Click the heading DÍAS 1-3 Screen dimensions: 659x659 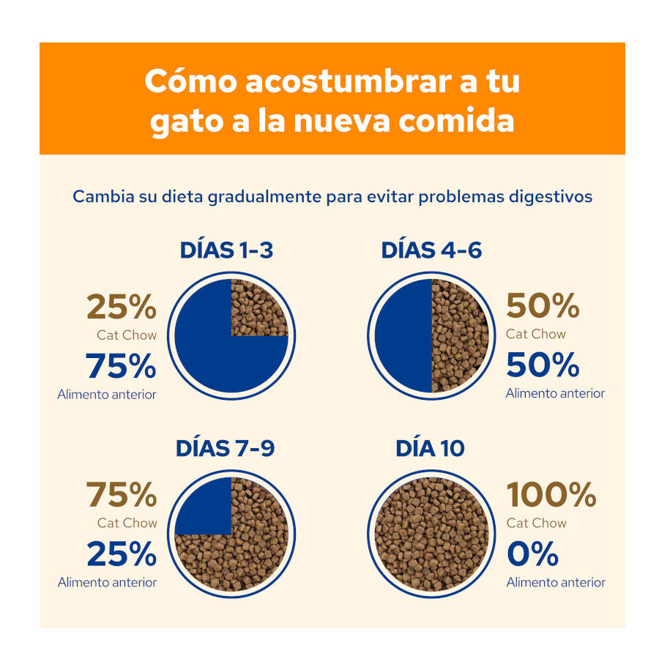click(226, 250)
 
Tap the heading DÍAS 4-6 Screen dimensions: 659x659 click(431, 250)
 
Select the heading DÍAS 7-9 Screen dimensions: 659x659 click(225, 448)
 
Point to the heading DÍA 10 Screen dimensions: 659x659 click(430, 448)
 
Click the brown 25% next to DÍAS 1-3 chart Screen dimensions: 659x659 click(122, 308)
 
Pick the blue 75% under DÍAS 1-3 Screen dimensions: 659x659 click(122, 366)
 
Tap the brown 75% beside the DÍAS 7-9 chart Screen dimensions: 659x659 click(122, 496)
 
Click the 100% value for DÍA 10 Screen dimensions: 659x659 click(551, 496)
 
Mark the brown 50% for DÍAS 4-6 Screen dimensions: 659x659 click(543, 307)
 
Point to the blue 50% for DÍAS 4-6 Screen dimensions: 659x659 click(543, 365)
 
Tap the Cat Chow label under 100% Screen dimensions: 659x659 click(536, 523)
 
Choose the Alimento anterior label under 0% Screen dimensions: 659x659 click(556, 582)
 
